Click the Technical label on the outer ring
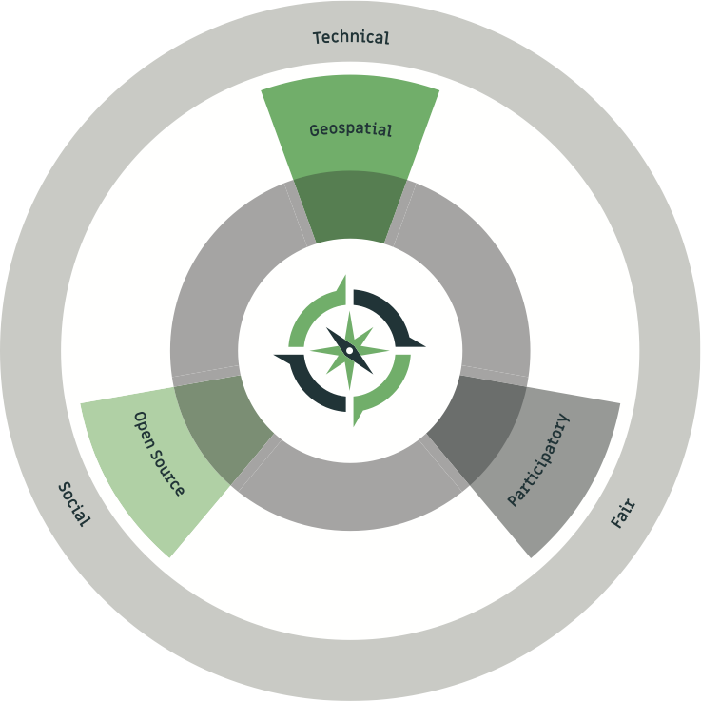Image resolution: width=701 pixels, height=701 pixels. tap(351, 38)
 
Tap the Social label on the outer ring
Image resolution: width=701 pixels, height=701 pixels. tap(74, 505)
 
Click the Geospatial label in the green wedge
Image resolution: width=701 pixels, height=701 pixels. tap(350, 129)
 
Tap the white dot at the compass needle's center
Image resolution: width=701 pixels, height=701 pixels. tap(349, 350)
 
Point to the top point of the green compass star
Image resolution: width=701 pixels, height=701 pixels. tap(350, 315)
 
